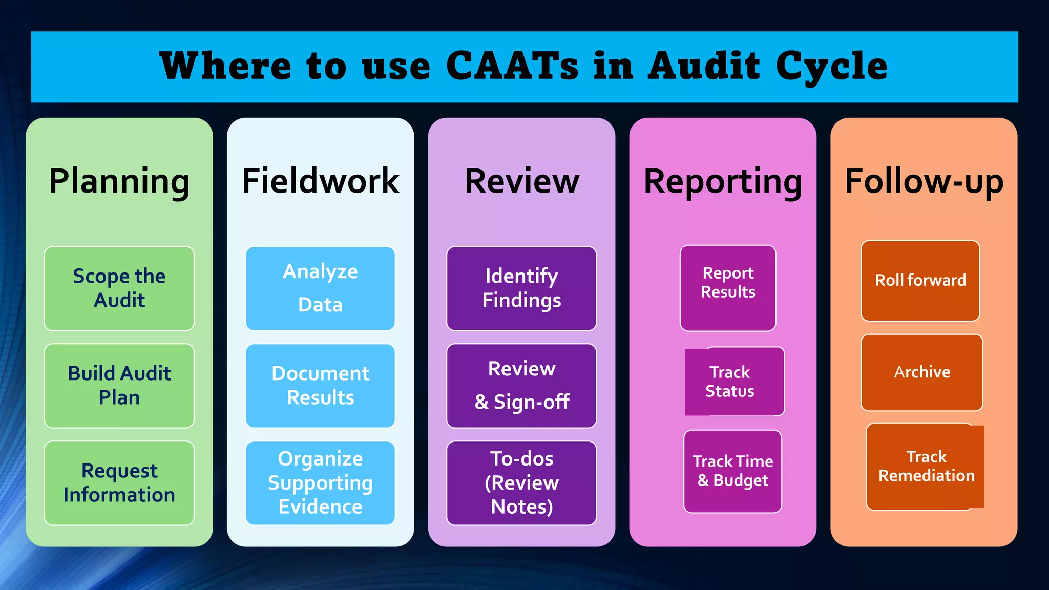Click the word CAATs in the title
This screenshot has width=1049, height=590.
(512, 67)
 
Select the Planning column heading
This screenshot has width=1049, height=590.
(119, 181)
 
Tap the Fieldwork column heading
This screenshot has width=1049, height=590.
(320, 181)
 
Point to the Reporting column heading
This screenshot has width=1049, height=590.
(722, 181)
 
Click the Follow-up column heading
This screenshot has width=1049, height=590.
(924, 181)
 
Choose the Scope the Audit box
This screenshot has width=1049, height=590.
(119, 288)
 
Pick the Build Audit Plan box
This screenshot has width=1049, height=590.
(119, 386)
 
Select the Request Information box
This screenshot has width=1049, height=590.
(119, 483)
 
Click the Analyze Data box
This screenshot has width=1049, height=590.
(320, 288)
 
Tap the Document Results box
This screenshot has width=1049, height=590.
(320, 386)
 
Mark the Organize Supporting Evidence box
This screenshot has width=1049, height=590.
(320, 483)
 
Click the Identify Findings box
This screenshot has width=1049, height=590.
(521, 288)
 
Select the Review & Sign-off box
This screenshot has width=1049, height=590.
(521, 386)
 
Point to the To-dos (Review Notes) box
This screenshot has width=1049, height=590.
(521, 483)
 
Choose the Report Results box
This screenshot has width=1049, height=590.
(728, 288)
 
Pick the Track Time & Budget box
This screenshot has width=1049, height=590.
(732, 471)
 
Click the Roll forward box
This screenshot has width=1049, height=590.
(920, 281)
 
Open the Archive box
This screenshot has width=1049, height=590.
(922, 372)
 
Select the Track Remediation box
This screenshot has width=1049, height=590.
(925, 467)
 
